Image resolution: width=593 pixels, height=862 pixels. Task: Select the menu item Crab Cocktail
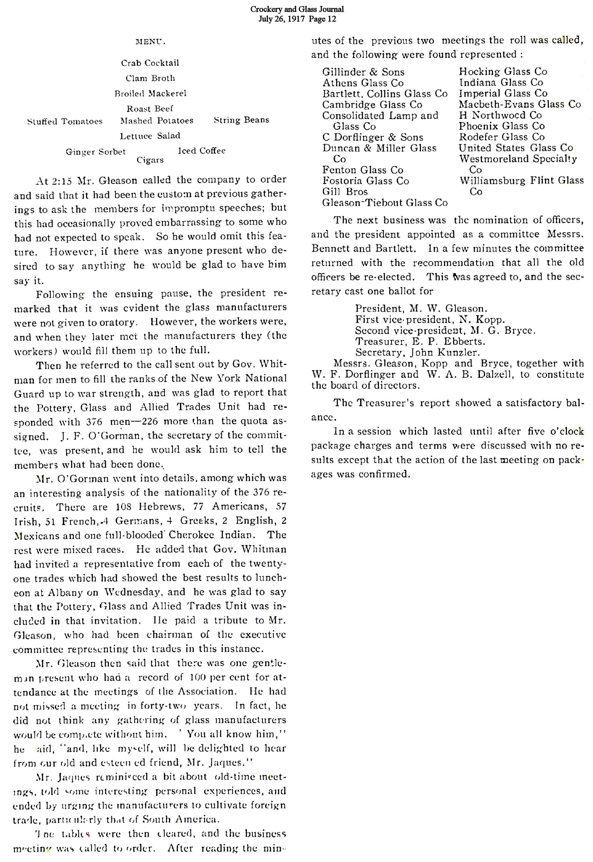click(x=150, y=63)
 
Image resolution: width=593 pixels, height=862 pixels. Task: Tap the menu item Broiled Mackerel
click(x=150, y=93)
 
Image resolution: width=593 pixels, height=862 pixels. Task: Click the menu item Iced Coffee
click(x=202, y=150)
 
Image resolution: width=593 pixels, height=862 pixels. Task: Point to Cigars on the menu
click(x=150, y=160)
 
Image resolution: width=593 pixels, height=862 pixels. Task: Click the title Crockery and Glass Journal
click(x=297, y=9)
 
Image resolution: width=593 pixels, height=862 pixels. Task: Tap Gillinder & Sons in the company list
click(x=363, y=72)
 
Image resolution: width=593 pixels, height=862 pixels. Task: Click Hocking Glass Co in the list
click(x=503, y=71)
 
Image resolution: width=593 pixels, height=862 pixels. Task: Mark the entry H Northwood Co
click(x=500, y=115)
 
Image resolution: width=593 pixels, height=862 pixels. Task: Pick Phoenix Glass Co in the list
click(x=502, y=126)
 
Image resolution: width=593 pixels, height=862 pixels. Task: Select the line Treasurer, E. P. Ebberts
click(x=420, y=341)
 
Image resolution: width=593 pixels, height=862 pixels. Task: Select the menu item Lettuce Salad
click(x=150, y=136)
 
